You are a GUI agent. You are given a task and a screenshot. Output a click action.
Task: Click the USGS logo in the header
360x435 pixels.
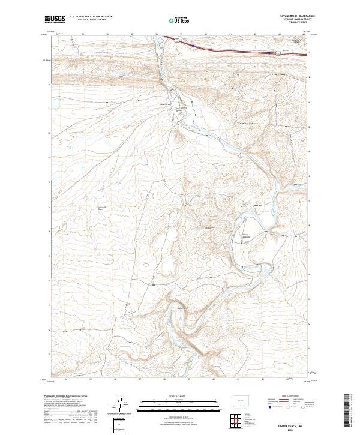click(55, 19)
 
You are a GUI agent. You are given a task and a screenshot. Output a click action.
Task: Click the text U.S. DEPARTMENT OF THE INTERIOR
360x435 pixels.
click(89, 17)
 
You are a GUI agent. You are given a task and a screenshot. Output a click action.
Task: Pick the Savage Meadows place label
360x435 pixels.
click(245, 235)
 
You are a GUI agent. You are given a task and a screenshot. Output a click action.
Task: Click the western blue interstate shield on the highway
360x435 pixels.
click(193, 45)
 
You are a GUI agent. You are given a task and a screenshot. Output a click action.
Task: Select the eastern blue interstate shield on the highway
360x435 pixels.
click(267, 52)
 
